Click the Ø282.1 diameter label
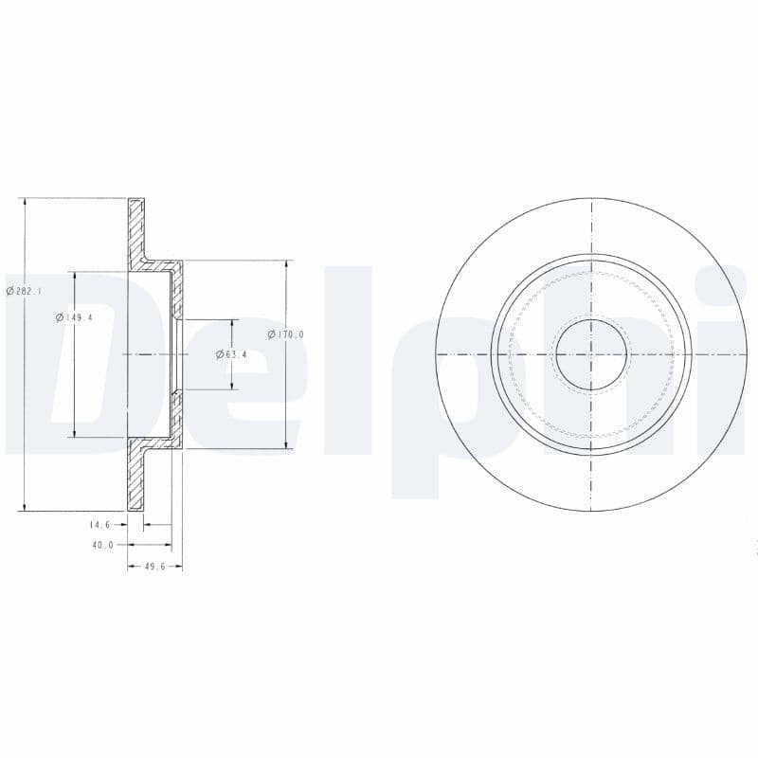click(x=24, y=292)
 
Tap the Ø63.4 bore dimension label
click(x=231, y=354)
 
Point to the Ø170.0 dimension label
click(x=285, y=334)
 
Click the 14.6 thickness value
click(x=100, y=524)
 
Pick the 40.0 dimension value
click(x=102, y=545)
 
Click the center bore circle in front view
click(x=590, y=354)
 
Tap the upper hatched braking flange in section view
click(x=136, y=227)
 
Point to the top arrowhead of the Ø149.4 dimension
click(x=74, y=275)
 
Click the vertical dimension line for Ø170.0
click(x=286, y=398)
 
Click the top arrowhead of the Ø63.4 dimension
click(x=231, y=323)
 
